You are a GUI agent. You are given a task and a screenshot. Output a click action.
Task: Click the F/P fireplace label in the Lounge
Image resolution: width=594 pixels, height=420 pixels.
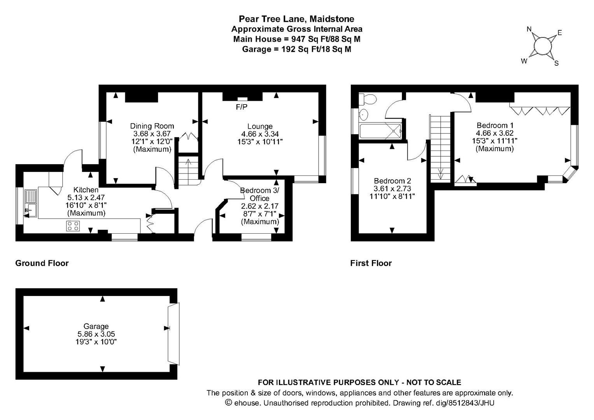[x=241, y=107]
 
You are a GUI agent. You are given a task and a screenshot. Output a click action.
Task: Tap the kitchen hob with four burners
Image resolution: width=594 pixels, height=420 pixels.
[x=73, y=226]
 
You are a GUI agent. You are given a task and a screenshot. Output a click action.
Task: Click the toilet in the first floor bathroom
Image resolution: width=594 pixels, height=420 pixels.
[x=368, y=100]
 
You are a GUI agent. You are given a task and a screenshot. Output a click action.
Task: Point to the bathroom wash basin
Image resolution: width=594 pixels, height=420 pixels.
[x=363, y=115]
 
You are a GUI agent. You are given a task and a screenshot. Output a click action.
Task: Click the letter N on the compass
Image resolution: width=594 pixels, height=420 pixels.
[x=529, y=29]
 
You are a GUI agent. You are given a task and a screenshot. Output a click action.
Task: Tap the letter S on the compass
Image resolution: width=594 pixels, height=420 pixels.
[x=557, y=63]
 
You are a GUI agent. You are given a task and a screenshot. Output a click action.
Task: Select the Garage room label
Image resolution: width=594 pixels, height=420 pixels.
[x=96, y=326]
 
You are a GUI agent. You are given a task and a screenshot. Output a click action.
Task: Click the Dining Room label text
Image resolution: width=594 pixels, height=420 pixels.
[x=152, y=126]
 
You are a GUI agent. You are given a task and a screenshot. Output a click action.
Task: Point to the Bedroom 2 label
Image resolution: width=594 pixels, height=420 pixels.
[x=392, y=181]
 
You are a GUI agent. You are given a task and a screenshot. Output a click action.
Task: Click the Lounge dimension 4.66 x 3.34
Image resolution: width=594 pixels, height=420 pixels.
[x=260, y=134]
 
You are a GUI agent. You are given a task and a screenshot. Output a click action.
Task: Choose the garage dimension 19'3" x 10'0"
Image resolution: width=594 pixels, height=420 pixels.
[x=96, y=342]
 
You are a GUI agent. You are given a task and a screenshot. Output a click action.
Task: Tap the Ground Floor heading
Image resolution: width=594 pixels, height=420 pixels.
[x=42, y=263]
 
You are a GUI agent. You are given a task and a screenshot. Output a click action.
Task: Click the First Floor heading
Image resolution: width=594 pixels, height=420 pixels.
[x=371, y=263]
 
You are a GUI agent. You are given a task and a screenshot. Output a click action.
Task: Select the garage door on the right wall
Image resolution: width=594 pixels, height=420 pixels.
[x=174, y=334]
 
